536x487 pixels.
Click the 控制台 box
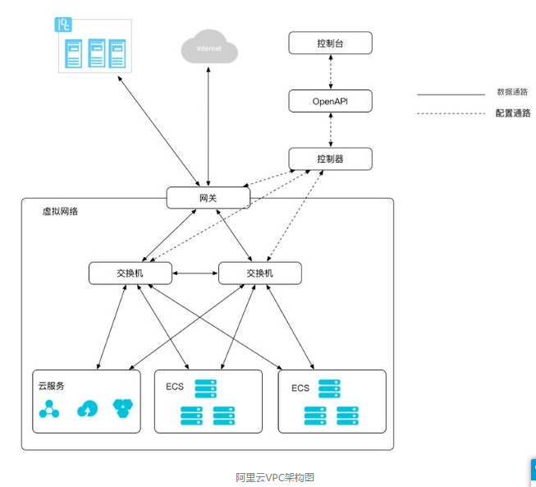point(330,43)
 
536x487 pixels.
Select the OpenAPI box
point(330,101)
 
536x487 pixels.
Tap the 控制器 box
point(330,159)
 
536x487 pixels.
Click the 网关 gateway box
point(208,198)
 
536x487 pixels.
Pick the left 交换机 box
point(131,273)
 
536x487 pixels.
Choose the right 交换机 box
point(260,273)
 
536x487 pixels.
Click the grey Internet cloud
point(209,48)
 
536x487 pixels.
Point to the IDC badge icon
point(62,25)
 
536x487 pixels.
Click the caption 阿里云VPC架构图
point(275,477)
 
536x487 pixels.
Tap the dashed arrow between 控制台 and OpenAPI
point(330,72)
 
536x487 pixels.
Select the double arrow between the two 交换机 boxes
point(195,273)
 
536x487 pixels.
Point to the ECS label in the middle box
point(174,387)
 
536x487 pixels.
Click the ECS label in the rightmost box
point(300,388)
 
